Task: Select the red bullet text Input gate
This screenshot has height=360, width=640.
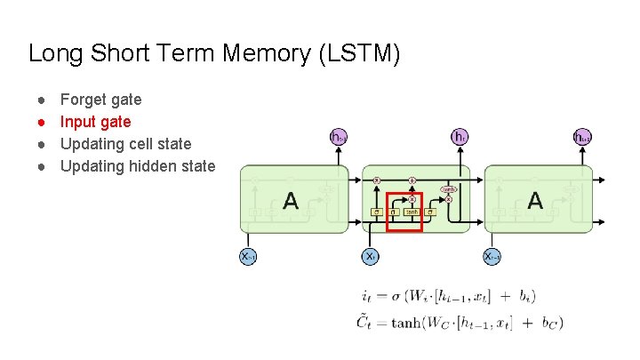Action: pos(95,122)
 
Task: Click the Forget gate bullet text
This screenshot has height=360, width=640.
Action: pos(100,100)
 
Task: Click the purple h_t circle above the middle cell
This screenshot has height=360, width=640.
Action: pos(460,136)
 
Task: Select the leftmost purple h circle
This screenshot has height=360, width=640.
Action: pos(338,136)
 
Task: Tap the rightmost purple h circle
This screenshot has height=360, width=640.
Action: pos(581,136)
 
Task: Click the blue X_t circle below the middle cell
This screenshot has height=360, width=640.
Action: pos(371,256)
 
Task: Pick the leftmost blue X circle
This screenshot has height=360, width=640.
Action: pos(249,256)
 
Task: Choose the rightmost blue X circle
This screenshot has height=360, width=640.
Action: pos(492,256)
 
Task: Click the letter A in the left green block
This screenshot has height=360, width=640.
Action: pos(291,202)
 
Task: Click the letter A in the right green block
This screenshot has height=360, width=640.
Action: pos(534,202)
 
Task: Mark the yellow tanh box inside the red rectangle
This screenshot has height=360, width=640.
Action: pos(412,212)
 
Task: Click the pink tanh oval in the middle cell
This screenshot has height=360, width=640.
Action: pos(449,189)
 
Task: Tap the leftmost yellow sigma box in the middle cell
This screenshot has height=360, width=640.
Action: pos(376,212)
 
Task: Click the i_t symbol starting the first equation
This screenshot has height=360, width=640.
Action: pos(368,296)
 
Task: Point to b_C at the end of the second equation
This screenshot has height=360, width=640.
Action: pos(549,324)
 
